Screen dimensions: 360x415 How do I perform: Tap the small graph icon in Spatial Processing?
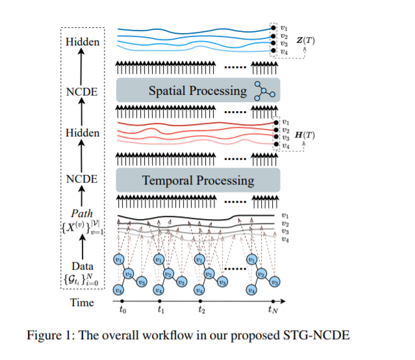coord(264,90)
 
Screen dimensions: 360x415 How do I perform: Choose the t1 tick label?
coord(162,311)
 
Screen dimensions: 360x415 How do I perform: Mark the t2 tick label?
coord(201,311)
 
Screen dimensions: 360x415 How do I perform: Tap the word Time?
coord(82,302)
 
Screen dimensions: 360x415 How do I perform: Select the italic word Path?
coord(82,213)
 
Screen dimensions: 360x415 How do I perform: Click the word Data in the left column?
coord(82,266)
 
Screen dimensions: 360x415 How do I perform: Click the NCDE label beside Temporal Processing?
coord(82,178)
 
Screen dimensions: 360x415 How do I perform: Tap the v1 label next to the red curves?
coord(285,121)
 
